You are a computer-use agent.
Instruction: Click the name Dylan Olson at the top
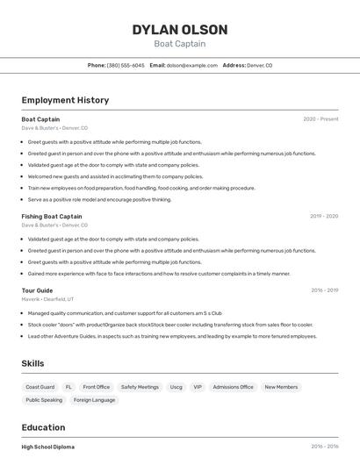click(180, 30)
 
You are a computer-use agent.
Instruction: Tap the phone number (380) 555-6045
click(126, 65)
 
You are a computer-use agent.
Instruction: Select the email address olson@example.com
click(192, 65)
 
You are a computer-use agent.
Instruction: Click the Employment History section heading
click(65, 100)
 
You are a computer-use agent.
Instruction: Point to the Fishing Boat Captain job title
click(52, 216)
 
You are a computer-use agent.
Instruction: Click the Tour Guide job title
click(37, 290)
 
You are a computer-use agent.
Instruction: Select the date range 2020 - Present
click(320, 119)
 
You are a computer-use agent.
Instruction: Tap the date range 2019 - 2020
click(324, 216)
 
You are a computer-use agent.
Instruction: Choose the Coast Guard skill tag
click(40, 387)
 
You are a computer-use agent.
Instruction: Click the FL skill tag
click(68, 387)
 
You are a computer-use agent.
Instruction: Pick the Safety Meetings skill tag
click(140, 387)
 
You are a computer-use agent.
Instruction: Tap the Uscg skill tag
click(176, 387)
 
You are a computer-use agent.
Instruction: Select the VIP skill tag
click(198, 387)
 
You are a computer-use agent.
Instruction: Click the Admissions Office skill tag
click(233, 387)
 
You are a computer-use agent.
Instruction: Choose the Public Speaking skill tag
click(44, 400)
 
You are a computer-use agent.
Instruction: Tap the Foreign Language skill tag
click(94, 400)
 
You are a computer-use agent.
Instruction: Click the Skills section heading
click(32, 363)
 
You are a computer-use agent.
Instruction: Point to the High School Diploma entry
click(48, 447)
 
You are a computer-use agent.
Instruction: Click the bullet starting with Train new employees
click(140, 188)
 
